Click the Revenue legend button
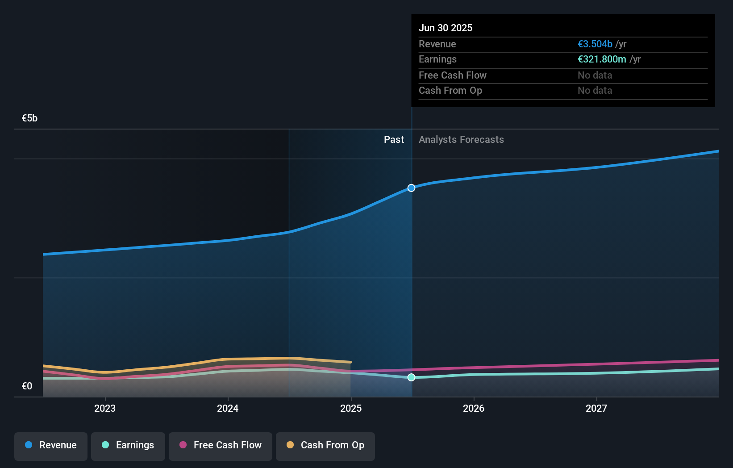(51, 446)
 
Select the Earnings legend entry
(128, 446)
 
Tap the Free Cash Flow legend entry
(221, 446)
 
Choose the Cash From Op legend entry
(325, 446)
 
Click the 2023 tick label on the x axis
(105, 409)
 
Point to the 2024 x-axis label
(228, 409)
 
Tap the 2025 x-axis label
(351, 409)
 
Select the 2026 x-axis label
(474, 409)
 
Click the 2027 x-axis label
(596, 409)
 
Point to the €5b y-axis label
(29, 118)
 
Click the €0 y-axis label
(27, 386)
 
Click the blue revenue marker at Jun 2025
(412, 188)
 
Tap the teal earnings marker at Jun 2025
(412, 377)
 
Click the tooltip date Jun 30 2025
(446, 28)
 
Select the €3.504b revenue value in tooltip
(595, 44)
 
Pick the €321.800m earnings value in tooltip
(602, 59)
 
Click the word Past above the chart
(394, 140)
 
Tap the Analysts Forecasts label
(461, 140)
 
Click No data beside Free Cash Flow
(595, 75)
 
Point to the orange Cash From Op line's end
(350, 362)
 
